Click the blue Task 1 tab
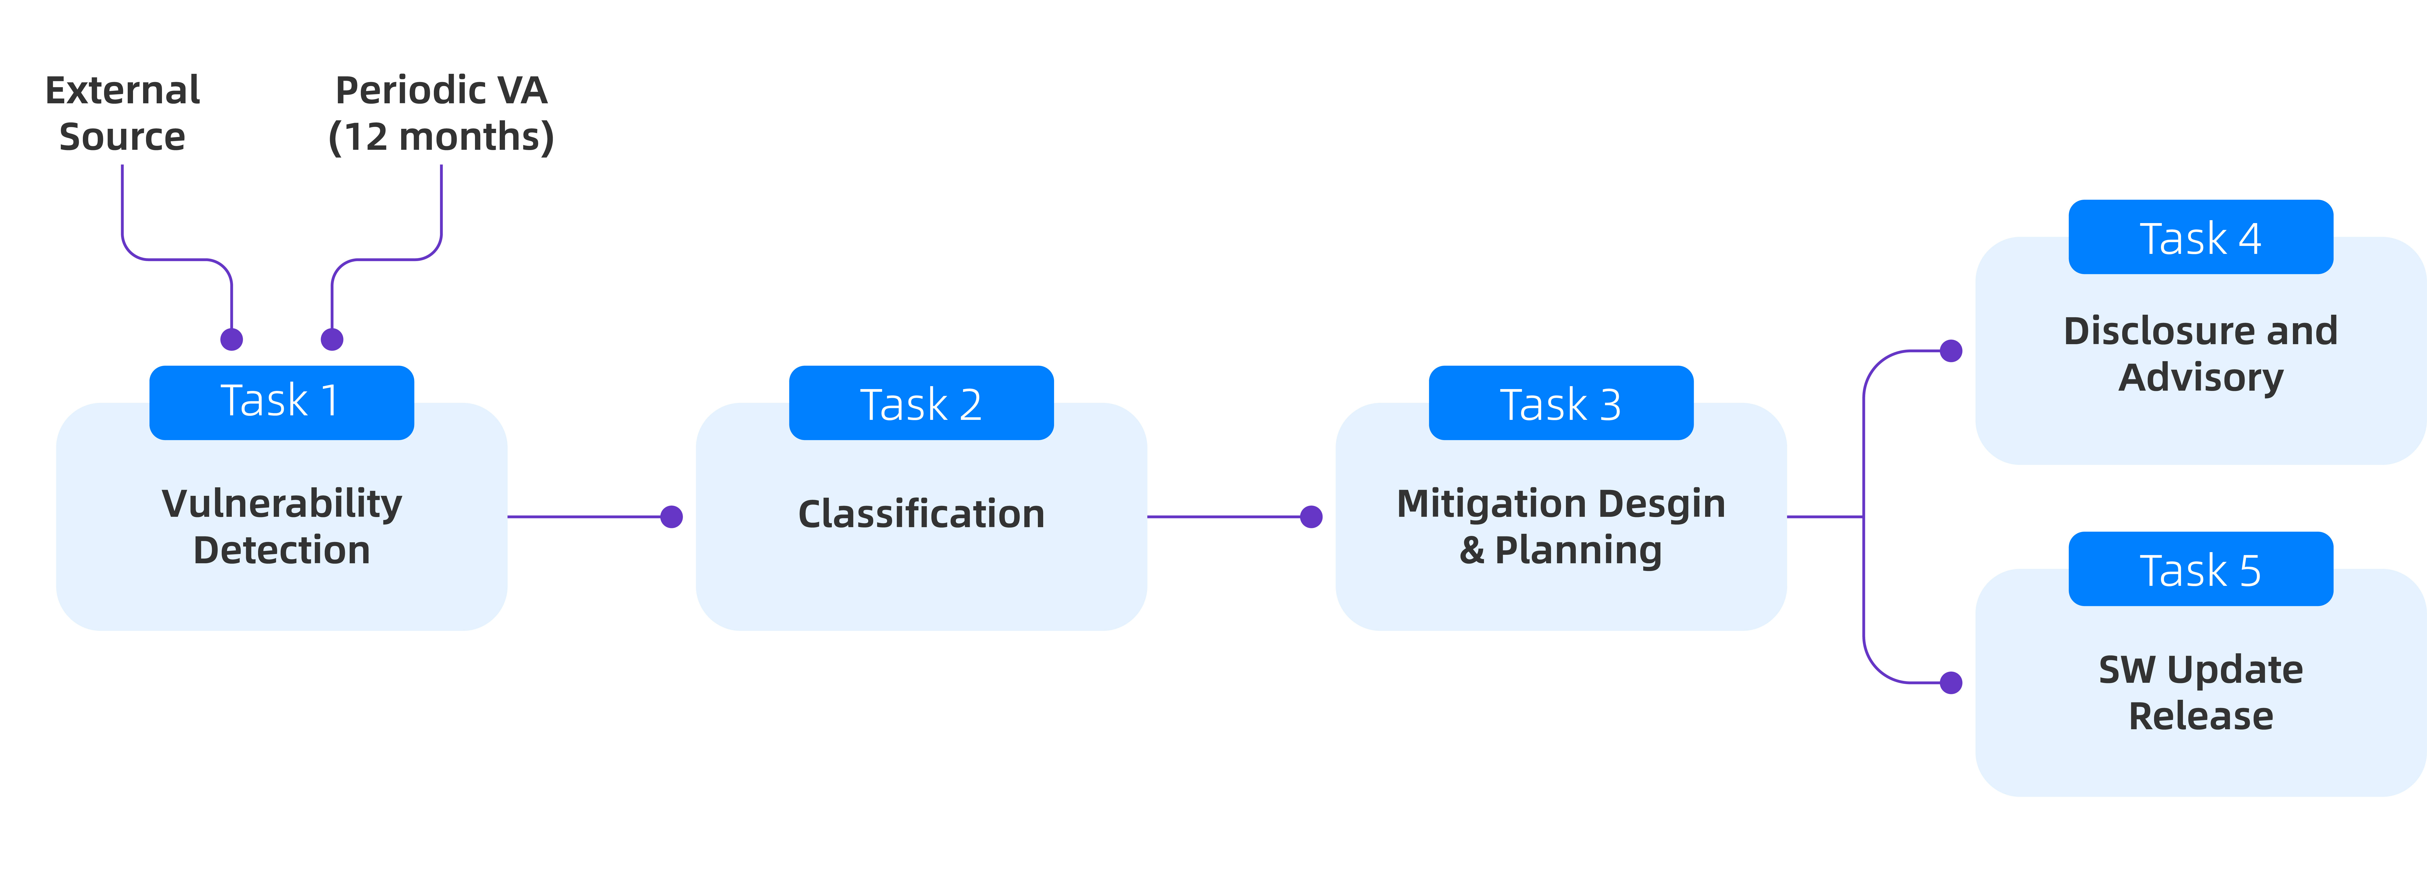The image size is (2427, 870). point(282,403)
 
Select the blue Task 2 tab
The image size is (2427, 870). point(921,403)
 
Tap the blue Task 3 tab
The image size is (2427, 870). point(1561,403)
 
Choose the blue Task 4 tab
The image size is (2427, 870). point(2201,237)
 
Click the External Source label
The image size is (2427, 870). point(122,113)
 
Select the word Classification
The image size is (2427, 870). point(921,514)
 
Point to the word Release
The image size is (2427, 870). point(2201,716)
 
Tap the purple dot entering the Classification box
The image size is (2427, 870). point(672,517)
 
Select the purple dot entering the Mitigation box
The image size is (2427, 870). point(1312,517)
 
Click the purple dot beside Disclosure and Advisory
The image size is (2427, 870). point(1951,351)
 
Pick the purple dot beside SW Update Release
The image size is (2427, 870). point(1951,683)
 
